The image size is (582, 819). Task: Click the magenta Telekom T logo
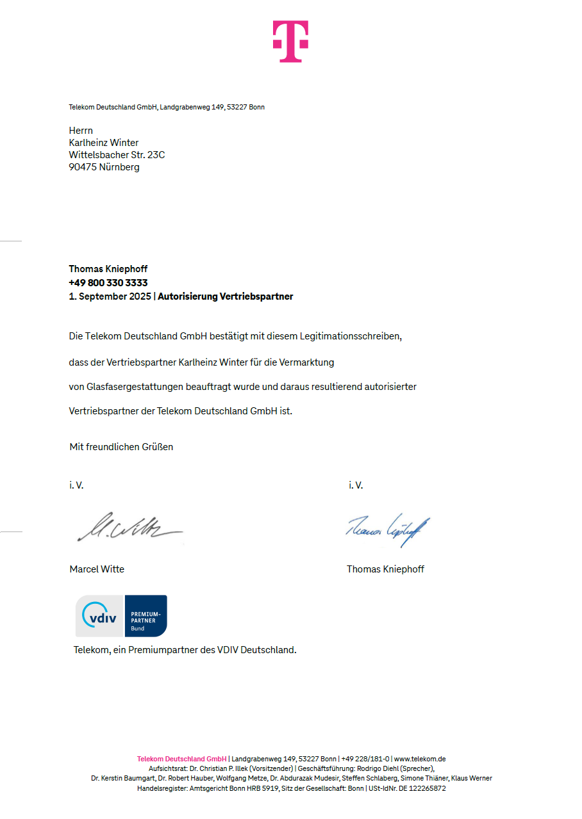[290, 41]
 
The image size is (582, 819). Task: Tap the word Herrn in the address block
[81, 131]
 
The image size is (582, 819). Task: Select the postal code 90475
[83, 167]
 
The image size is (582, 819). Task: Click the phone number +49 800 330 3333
[108, 282]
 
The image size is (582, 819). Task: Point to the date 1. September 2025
[110, 296]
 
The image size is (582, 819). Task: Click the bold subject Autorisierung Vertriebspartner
[226, 296]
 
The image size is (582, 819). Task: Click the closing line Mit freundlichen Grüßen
[121, 447]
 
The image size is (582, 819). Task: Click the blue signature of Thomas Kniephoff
[388, 529]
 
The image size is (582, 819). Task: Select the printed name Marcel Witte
[97, 569]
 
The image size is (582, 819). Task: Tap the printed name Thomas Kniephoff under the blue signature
[385, 569]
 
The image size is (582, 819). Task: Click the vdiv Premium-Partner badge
[121, 616]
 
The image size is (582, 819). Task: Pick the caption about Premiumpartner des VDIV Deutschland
[185, 650]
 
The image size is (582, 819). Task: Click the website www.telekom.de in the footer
[420, 759]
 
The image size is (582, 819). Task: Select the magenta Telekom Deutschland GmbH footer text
[181, 759]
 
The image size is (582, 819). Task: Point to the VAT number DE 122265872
[422, 789]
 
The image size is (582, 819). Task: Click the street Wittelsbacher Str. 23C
[117, 155]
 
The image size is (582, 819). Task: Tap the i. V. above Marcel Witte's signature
[76, 485]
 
